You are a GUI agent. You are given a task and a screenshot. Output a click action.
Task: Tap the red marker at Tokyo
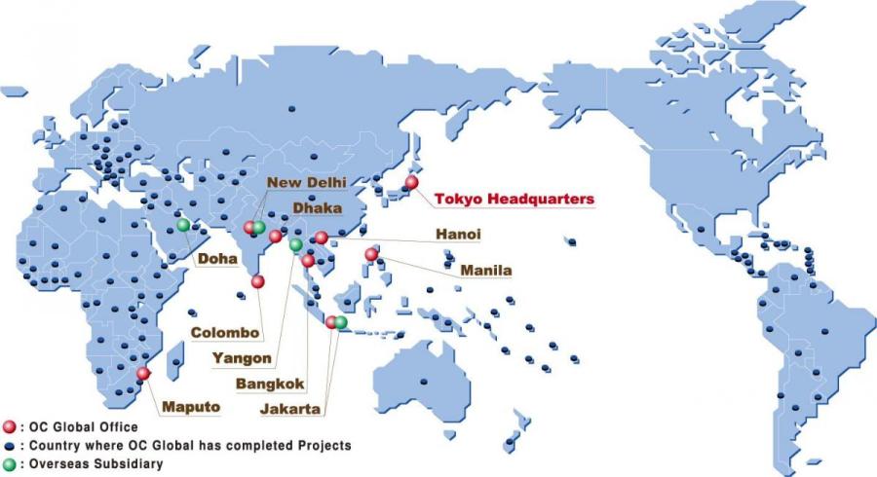click(x=411, y=182)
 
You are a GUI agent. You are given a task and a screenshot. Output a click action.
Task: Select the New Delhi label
click(x=306, y=182)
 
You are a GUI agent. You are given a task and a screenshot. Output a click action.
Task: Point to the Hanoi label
click(x=458, y=235)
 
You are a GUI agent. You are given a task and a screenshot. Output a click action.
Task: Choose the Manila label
click(x=487, y=269)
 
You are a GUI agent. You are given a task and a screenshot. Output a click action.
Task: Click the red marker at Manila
click(x=371, y=255)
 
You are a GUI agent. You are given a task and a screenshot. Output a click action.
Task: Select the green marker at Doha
click(x=183, y=225)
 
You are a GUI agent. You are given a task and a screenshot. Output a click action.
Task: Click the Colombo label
click(x=224, y=332)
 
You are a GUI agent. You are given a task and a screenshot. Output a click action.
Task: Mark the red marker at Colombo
click(x=257, y=281)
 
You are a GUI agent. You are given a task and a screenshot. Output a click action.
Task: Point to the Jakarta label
click(x=290, y=410)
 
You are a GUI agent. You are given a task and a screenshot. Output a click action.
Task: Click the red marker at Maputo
click(x=144, y=373)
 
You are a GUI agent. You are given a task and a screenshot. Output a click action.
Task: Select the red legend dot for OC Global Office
click(x=10, y=426)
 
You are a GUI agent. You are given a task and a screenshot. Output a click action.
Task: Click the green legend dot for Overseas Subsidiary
click(x=10, y=463)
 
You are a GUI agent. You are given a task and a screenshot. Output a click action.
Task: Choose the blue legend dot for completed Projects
click(x=10, y=445)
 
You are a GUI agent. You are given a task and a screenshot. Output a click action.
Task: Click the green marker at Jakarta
click(x=341, y=322)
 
